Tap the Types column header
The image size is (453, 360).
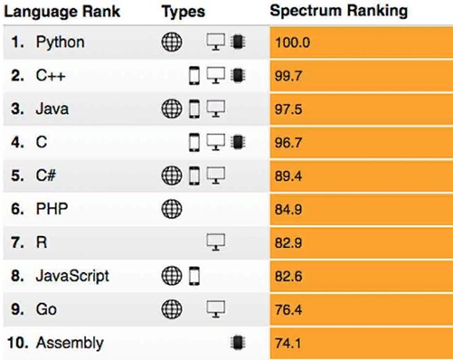(184, 12)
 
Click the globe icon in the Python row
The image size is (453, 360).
(171, 42)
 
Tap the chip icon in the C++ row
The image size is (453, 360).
(238, 75)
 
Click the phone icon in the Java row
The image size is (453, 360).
(193, 109)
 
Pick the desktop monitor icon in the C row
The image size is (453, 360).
(216, 141)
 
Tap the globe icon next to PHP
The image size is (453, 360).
(171, 208)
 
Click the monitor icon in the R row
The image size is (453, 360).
(216, 242)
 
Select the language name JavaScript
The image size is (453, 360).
(72, 275)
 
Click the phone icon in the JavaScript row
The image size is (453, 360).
(193, 275)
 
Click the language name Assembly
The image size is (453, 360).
(70, 343)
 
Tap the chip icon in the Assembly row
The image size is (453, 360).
(238, 343)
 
